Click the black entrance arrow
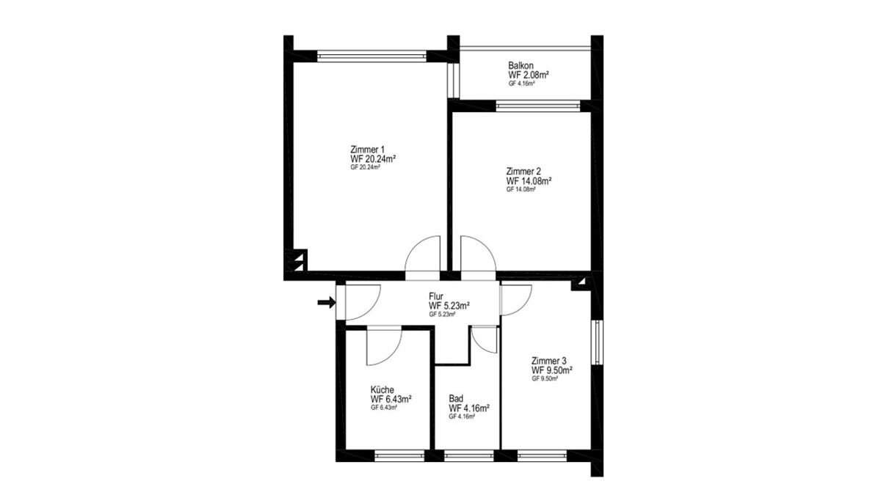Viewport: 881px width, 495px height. (327, 302)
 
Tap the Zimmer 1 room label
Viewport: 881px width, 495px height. (367, 150)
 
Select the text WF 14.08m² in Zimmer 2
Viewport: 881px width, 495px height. (529, 181)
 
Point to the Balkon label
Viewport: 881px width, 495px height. (521, 65)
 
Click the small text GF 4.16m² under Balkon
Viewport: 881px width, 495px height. (521, 84)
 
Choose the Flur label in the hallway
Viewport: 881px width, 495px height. (436, 296)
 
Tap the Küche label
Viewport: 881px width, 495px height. (383, 389)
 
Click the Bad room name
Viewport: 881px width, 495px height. (456, 399)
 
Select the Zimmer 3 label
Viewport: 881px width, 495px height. (549, 361)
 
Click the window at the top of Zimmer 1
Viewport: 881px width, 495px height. (371, 56)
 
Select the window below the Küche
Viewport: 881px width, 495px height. (399, 455)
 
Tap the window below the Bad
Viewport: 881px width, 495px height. (469, 455)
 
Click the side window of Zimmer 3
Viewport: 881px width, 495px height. (597, 342)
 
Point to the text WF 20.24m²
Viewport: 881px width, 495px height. (373, 159)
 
